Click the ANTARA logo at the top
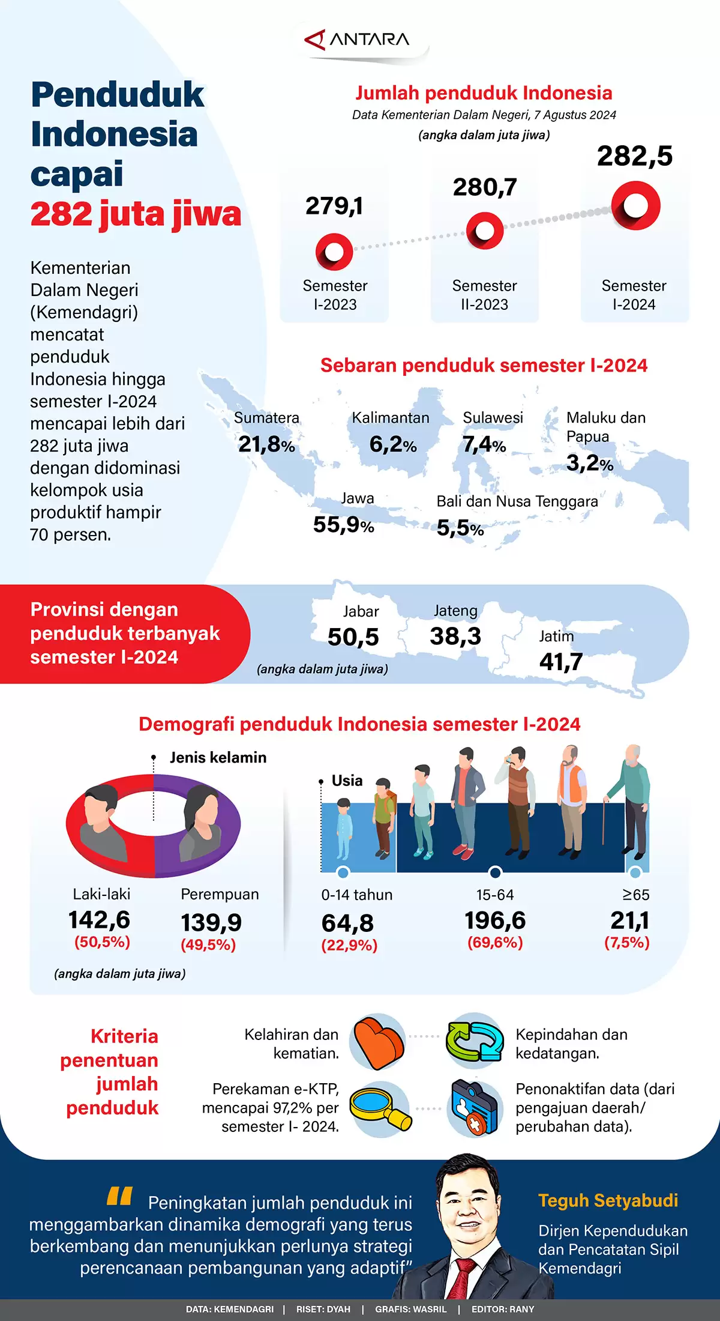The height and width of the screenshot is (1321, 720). (x=358, y=40)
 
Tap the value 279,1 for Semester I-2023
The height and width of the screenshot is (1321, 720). (x=334, y=206)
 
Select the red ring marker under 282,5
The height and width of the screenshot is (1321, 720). (x=635, y=206)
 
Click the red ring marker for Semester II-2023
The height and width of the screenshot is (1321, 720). (x=485, y=231)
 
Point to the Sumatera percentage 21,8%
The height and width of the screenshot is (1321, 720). (x=266, y=444)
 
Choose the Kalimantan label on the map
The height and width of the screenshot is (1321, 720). (x=391, y=417)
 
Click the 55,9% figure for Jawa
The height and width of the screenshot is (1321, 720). (x=343, y=525)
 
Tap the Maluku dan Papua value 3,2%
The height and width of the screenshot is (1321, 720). (x=589, y=463)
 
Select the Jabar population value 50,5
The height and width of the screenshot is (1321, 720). (x=353, y=637)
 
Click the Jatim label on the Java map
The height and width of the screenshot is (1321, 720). (x=556, y=636)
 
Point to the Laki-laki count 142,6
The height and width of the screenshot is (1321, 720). (x=99, y=919)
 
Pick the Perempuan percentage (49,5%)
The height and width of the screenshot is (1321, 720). (x=208, y=945)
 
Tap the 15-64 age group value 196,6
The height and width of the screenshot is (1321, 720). (x=495, y=920)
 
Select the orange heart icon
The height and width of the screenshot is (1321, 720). (x=377, y=1042)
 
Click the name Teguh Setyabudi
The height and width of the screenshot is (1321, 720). (x=608, y=1200)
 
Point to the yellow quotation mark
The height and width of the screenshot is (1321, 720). (x=119, y=1196)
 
